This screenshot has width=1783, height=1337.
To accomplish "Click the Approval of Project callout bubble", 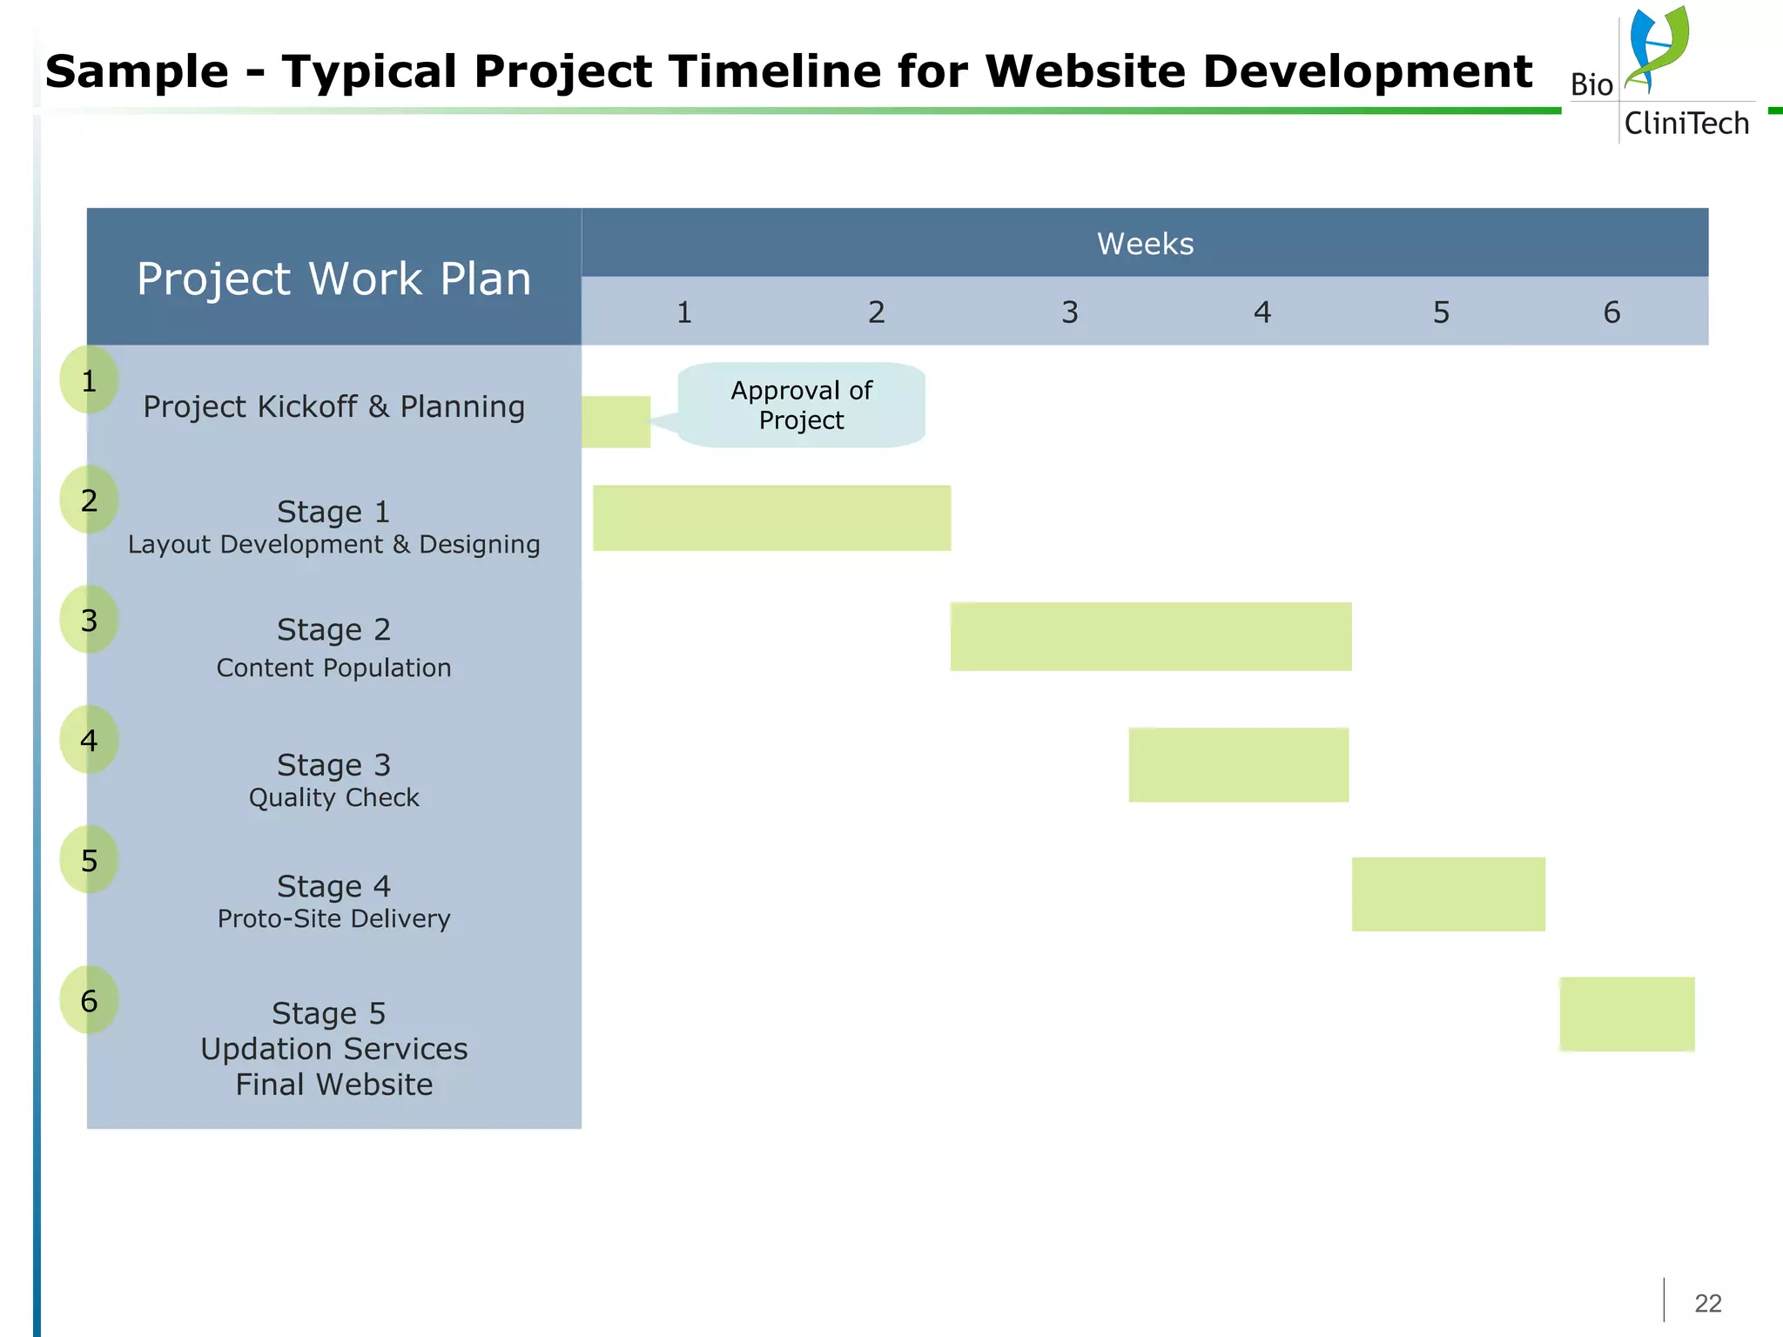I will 801,406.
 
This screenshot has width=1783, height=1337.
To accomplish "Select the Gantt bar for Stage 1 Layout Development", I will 771,518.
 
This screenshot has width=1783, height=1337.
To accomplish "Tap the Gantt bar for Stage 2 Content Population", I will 1150,636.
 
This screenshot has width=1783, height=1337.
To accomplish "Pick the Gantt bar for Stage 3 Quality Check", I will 1238,764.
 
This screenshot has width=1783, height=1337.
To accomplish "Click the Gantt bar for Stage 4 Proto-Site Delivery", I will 1448,894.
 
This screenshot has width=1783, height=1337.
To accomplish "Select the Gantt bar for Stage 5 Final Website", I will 1626,1014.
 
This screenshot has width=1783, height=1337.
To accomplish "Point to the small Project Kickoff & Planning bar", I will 616,422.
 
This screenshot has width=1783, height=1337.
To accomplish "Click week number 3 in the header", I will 1069,312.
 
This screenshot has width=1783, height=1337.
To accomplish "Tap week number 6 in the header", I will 1611,312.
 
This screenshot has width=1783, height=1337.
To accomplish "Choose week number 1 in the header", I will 684,312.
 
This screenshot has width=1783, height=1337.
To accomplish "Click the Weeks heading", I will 1145,244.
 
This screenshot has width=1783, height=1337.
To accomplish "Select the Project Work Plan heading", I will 333,279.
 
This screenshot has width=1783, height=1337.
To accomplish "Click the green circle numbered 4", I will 89,741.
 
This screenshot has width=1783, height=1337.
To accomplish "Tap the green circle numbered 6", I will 89,1001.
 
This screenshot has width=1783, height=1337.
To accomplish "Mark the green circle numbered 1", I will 89,380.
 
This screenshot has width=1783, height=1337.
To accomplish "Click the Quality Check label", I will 333,797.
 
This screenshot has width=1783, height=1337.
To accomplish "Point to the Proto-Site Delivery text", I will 333,918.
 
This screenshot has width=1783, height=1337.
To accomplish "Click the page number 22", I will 1707,1303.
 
